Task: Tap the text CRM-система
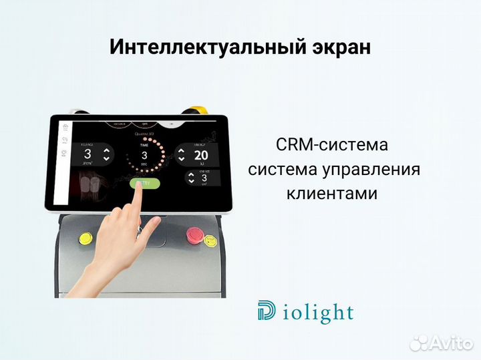[331, 145]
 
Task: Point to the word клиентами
[331, 194]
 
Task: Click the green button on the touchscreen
[144, 184]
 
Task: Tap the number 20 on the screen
[200, 156]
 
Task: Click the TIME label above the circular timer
[144, 144]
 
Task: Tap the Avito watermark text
[448, 343]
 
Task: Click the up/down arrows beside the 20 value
[180, 156]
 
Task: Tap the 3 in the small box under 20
[203, 178]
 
